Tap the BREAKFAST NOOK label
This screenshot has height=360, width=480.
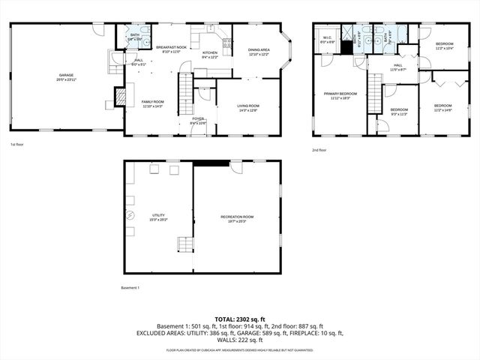point(171,49)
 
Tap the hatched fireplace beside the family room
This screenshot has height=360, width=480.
point(118,95)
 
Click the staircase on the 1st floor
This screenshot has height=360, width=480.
point(185,94)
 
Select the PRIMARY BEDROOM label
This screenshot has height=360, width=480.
point(340,95)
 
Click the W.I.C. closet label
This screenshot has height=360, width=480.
point(328,39)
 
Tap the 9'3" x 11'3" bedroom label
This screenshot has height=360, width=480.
point(399,112)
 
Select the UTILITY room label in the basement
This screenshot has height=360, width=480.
point(158,217)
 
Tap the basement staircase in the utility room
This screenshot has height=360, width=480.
point(184,245)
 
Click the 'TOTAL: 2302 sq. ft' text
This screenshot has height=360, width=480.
point(240,319)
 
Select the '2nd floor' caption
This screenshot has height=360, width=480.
point(319,150)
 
